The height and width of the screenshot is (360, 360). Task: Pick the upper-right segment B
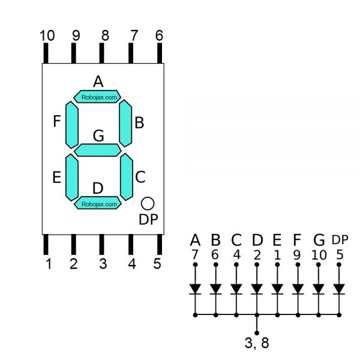pos(125,122)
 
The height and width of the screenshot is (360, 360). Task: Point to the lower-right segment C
pos(126,177)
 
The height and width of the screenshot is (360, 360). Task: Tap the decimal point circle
pos(148,203)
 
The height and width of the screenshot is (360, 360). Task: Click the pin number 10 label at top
pos(47,35)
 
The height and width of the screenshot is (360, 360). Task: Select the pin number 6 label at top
pos(159,35)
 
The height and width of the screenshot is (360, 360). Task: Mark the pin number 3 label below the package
pos(103,264)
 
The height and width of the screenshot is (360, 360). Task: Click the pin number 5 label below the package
pos(157,264)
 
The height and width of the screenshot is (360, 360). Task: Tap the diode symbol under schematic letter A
pos(195,289)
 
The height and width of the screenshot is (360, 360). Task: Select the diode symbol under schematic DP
pos(339,289)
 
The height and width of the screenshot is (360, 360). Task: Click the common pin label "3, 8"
pos(257,344)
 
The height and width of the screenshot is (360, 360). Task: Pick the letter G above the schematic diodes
pos(319,241)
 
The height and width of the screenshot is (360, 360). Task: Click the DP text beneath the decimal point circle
pos(148,220)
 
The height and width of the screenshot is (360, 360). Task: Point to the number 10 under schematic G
pos(319,255)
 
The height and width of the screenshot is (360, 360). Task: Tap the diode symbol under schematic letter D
pos(257,289)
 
